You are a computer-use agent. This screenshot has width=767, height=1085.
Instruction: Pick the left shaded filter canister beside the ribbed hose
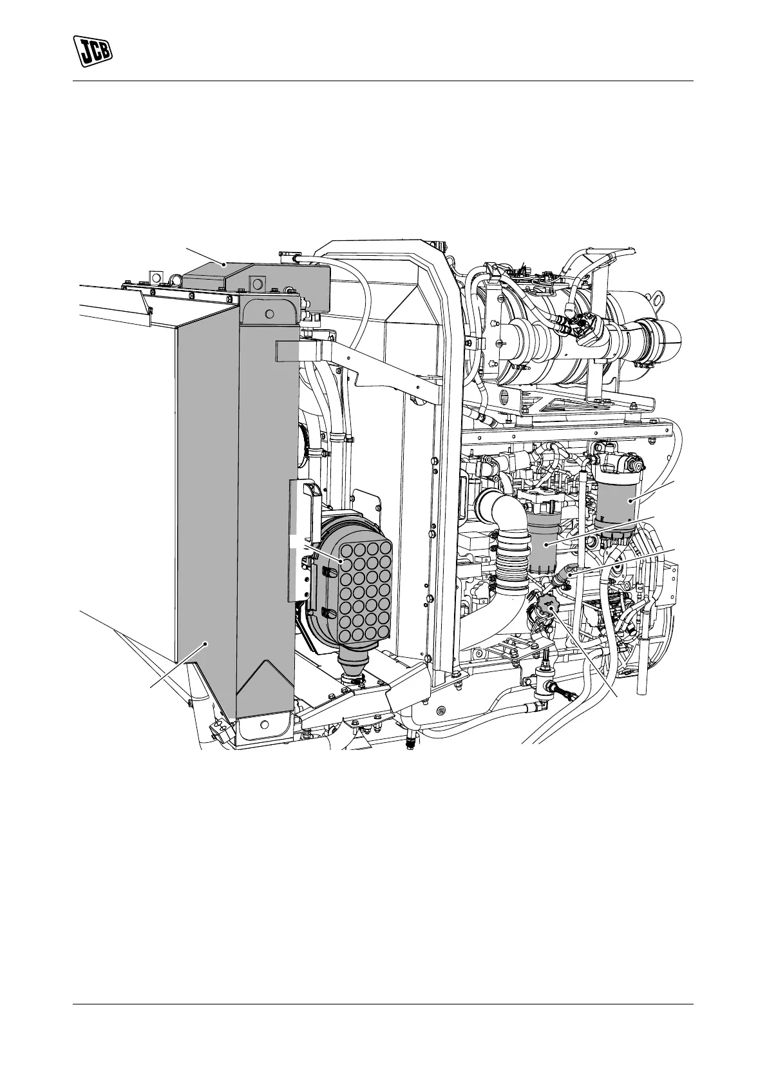547,543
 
